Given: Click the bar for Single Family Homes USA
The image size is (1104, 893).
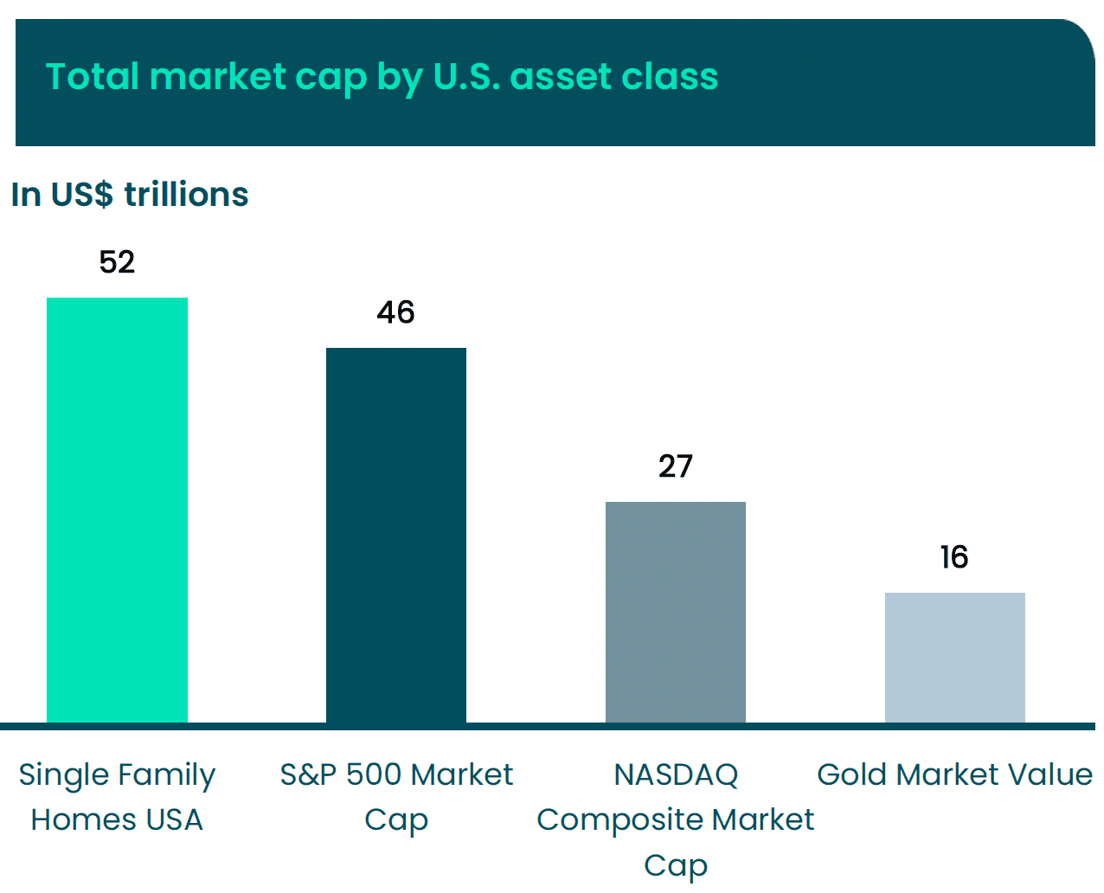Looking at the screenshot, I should pos(117,510).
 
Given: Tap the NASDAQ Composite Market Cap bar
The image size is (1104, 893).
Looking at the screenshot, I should pos(676,612).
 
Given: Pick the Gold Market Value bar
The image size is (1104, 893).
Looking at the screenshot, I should pos(955,657).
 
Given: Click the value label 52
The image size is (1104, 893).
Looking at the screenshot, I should pos(117,262).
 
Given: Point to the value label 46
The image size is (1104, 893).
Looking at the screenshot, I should pos(396,312).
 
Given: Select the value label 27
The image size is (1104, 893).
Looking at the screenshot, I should pos(676,466).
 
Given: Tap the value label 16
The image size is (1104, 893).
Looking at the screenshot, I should pos(954,557).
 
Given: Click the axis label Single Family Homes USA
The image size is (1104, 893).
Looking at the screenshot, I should pos(117,797).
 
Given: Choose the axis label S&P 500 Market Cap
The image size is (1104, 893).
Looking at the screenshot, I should pos(396,797).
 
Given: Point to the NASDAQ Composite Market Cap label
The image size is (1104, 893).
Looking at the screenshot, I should pos(676,819).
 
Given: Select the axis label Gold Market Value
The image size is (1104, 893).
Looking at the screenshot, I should pos(955,774).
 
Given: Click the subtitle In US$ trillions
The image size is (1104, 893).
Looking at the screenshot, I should pos(130,195).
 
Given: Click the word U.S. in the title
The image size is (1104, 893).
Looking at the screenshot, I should pos(466,76).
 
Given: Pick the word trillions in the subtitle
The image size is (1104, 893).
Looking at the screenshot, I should pos(186,195).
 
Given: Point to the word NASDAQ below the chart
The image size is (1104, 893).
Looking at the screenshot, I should pos(676,774).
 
